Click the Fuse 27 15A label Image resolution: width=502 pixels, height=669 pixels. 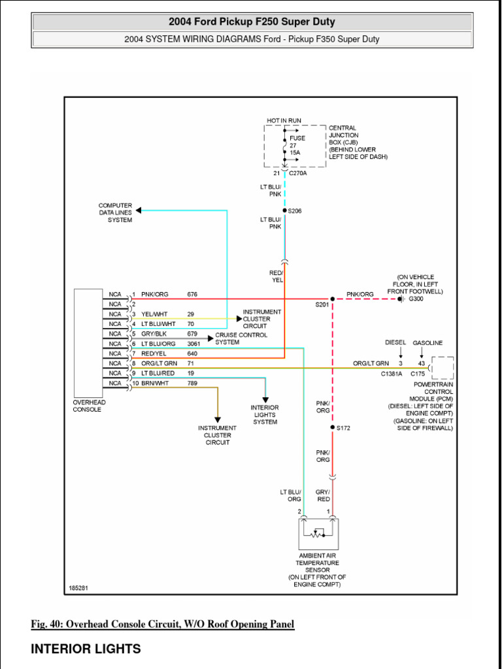pyautogui.click(x=297, y=145)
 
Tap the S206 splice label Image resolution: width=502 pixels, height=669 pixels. pyautogui.click(x=295, y=211)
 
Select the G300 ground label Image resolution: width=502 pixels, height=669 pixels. pyautogui.click(x=416, y=299)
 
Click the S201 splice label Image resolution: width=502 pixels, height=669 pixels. pyautogui.click(x=322, y=304)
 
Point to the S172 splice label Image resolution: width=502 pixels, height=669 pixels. pyautogui.click(x=343, y=428)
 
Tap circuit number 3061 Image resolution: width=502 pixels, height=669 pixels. pyautogui.click(x=194, y=344)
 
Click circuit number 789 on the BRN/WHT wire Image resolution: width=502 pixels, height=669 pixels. pyautogui.click(x=192, y=383)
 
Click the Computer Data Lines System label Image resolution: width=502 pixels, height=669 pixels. pyautogui.click(x=115, y=213)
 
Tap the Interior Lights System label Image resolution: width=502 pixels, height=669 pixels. pyautogui.click(x=265, y=415)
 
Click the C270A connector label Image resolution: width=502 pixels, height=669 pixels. pyautogui.click(x=298, y=174)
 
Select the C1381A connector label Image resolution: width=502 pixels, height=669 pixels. pyautogui.click(x=392, y=373)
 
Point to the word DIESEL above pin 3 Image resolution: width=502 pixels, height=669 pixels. pyautogui.click(x=395, y=343)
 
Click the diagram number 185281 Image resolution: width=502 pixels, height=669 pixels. pyautogui.click(x=78, y=588)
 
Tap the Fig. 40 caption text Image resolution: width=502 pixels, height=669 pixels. pyautogui.click(x=163, y=625)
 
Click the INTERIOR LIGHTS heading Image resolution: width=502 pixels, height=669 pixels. pyautogui.click(x=86, y=649)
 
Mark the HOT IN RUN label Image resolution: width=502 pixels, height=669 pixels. pyautogui.click(x=284, y=121)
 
